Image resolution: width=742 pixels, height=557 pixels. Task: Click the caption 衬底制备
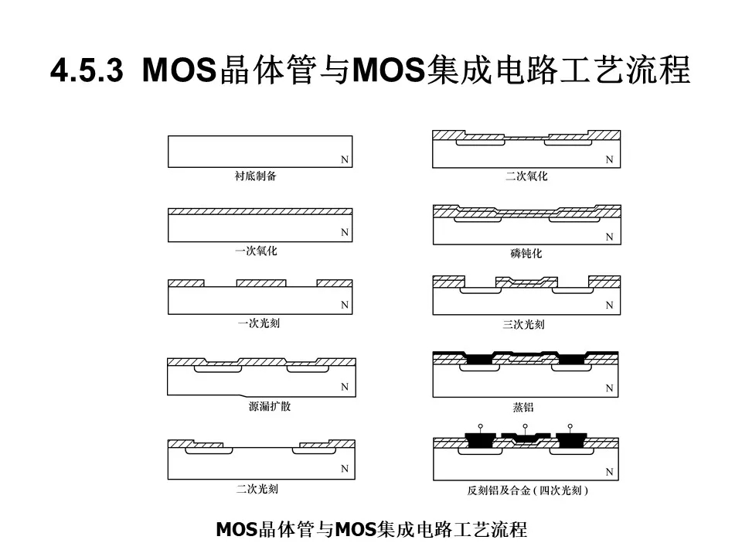click(256, 176)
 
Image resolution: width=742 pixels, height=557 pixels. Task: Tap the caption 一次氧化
click(256, 251)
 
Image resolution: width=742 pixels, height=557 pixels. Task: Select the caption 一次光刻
click(259, 323)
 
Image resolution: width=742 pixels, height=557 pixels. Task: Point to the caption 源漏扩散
click(270, 406)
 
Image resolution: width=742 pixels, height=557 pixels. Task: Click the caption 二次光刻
click(257, 489)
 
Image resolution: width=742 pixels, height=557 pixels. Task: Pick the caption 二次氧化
click(526, 176)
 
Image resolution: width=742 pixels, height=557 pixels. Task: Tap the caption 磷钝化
click(526, 254)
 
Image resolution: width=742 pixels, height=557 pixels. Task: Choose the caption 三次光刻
click(524, 324)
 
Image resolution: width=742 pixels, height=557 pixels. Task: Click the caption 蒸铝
click(523, 407)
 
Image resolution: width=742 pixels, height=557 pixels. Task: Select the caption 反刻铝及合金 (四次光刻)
click(528, 490)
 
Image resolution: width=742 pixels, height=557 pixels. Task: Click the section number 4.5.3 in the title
click(87, 70)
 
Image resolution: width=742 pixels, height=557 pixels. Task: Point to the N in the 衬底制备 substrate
click(345, 159)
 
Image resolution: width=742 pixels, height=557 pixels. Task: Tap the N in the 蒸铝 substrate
click(610, 388)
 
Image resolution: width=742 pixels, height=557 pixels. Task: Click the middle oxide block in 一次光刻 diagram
click(261, 283)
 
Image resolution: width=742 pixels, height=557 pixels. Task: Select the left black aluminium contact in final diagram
click(480, 440)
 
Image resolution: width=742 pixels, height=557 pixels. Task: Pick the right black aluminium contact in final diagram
click(572, 440)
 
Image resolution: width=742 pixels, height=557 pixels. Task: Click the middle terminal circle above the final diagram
click(526, 426)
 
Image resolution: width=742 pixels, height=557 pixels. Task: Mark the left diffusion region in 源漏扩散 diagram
click(218, 368)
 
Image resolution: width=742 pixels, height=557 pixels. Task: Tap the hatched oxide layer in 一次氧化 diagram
click(260, 211)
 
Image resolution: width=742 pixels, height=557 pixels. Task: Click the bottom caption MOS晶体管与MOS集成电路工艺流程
click(372, 529)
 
